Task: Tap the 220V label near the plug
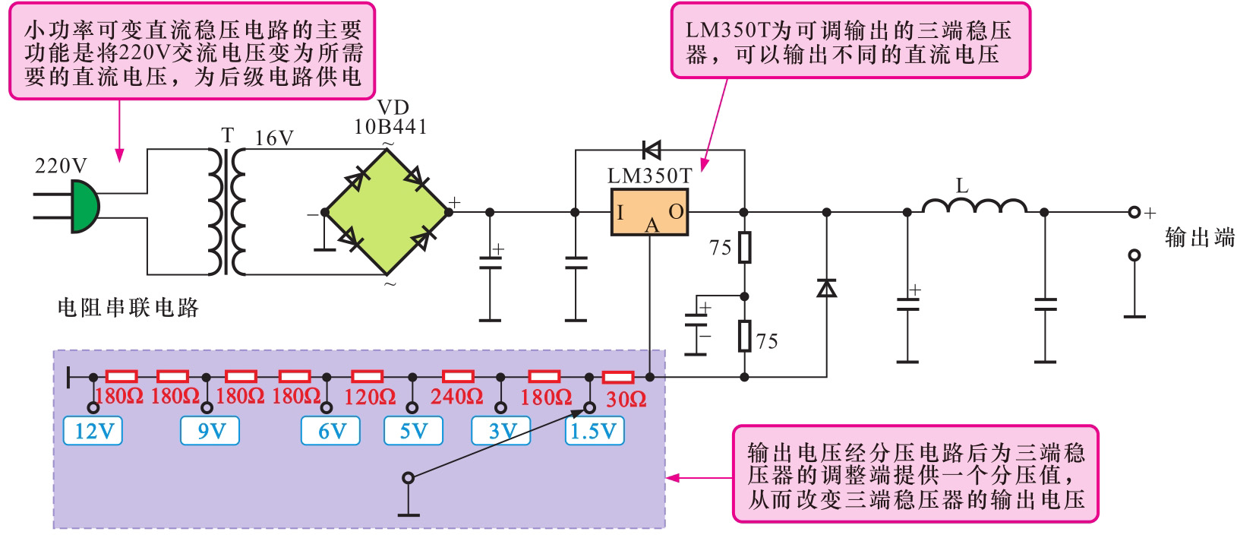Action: coord(61,166)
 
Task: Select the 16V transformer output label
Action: coord(274,138)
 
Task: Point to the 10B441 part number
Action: coord(390,127)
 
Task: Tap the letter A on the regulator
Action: coord(652,225)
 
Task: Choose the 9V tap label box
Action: coord(210,432)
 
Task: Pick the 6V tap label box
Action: coord(331,432)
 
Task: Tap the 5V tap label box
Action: coord(414,432)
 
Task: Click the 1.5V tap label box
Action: coord(594,432)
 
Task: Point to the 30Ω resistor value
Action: coord(626,399)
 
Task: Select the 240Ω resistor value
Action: coord(456,397)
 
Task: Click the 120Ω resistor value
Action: coord(370,397)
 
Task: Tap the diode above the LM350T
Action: coord(651,149)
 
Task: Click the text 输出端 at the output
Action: coord(1200,238)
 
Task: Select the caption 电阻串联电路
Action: coord(128,308)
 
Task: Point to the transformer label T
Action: coord(227,135)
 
